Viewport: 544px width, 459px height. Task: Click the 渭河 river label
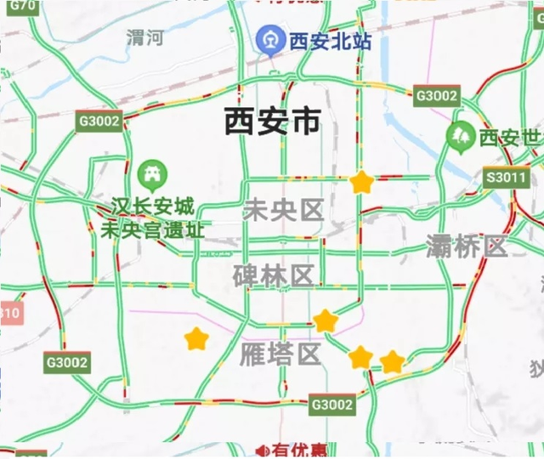coord(144,37)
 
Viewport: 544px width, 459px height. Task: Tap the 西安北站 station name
coord(330,41)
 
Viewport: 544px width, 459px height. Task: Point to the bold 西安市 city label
coord(272,122)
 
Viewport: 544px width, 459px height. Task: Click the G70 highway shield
coord(26,7)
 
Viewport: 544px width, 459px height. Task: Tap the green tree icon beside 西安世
coord(462,134)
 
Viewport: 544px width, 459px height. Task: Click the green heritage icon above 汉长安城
coord(153,175)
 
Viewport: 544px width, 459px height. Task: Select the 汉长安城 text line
coord(153,207)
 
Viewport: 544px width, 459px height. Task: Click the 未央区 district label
coord(284,210)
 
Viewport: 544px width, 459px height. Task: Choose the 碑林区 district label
coord(274,275)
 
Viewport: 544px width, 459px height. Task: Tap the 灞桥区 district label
coord(467,247)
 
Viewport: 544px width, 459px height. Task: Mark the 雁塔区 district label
coord(280,354)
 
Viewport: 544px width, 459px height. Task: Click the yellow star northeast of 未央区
coord(362,181)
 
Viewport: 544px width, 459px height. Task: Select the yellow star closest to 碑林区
coord(326,320)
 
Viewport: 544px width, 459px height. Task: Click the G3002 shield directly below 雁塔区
coord(331,405)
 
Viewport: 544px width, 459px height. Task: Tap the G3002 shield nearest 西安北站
coord(437,95)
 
